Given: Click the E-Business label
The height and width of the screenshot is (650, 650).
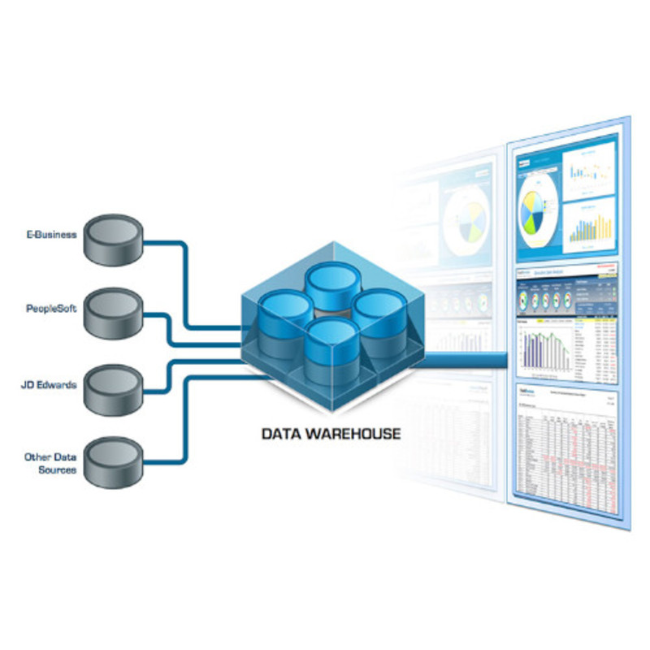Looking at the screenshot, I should tap(50, 235).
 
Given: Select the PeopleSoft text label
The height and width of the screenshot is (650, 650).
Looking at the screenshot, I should tap(51, 309).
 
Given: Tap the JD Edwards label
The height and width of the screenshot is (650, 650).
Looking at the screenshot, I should tap(50, 383).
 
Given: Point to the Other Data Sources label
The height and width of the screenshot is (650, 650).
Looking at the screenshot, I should tap(50, 463).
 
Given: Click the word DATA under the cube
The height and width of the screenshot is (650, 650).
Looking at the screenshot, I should tap(282, 434).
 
